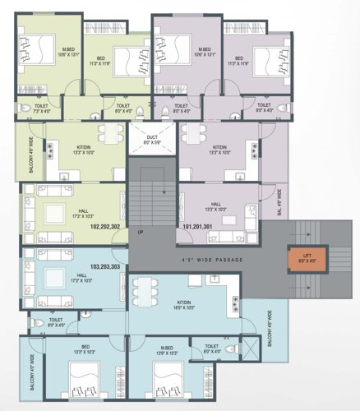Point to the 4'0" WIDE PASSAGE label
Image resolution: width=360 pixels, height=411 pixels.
(x=201, y=261)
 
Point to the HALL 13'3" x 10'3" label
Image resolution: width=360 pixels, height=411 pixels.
(x=215, y=206)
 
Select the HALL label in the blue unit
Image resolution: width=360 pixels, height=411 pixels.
(x=81, y=277)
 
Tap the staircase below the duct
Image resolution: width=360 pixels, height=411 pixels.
(x=150, y=197)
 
